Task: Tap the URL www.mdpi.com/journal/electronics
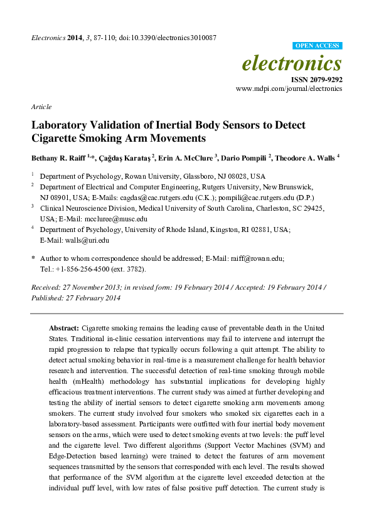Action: (289, 90)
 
